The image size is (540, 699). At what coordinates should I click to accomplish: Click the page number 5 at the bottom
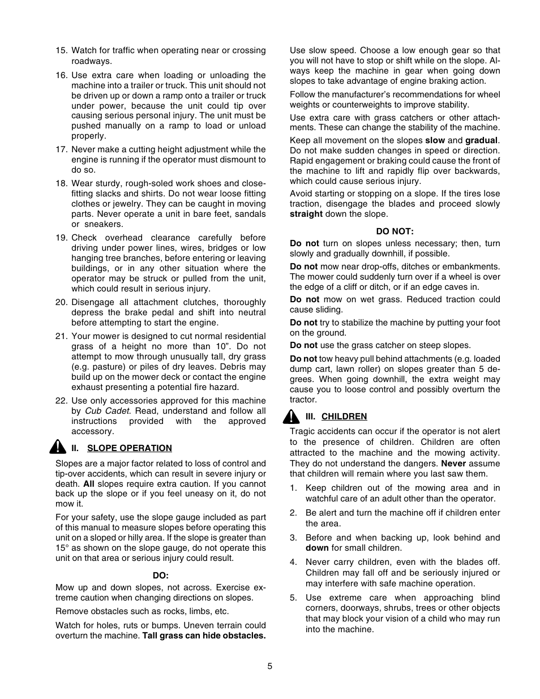[270, 666]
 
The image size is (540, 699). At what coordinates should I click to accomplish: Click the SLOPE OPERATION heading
[129, 448]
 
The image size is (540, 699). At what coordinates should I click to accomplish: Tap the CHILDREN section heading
[344, 416]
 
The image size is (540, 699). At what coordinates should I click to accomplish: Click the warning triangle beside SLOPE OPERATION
[58, 447]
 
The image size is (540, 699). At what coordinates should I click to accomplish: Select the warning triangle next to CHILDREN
[292, 417]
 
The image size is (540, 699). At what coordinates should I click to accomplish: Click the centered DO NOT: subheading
[395, 231]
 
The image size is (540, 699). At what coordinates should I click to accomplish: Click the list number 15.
[61, 50]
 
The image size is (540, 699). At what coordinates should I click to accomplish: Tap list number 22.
[61, 401]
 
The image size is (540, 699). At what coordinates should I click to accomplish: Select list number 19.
[61, 238]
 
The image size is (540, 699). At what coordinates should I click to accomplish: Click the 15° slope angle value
[62, 548]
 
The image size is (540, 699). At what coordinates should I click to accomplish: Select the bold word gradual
[481, 140]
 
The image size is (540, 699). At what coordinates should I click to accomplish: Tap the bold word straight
[306, 214]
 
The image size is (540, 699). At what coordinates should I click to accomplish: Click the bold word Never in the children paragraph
[453, 463]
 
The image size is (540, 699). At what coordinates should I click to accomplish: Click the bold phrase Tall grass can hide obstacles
[204, 636]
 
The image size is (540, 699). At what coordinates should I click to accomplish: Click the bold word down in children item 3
[317, 548]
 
